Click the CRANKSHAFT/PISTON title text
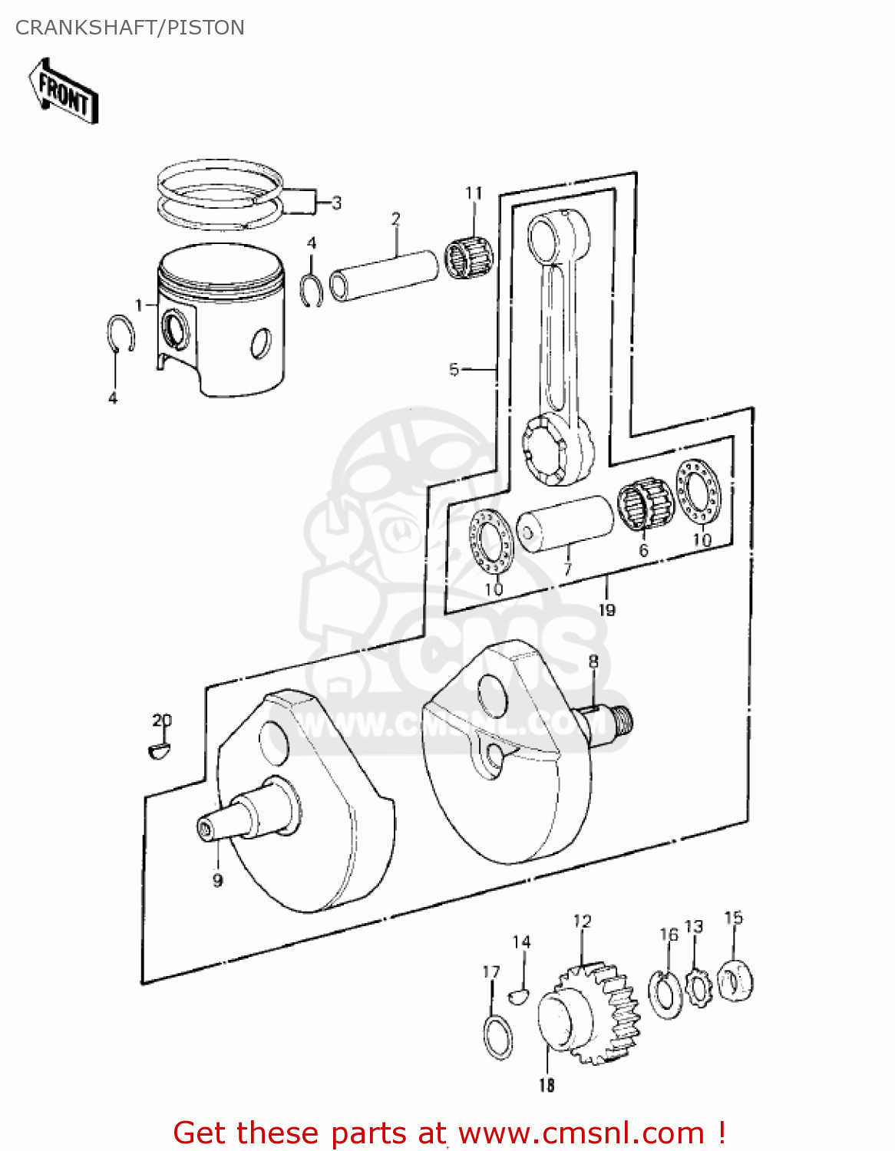tap(130, 28)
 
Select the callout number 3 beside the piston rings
tap(336, 203)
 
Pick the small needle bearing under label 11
tap(469, 257)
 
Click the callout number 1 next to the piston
tap(139, 305)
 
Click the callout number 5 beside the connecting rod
tap(454, 370)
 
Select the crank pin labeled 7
tap(566, 524)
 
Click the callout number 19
tap(606, 610)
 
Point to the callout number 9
tap(217, 880)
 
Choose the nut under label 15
tap(735, 981)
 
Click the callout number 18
tap(546, 1085)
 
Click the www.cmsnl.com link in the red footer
tap(581, 1133)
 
